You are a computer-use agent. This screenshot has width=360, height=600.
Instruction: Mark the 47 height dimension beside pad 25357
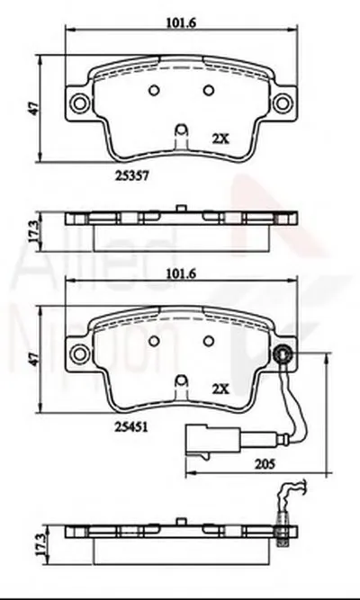(32, 105)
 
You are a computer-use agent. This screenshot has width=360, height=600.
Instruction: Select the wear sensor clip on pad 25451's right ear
(285, 354)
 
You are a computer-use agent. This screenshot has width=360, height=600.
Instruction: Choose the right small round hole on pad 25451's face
(209, 340)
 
